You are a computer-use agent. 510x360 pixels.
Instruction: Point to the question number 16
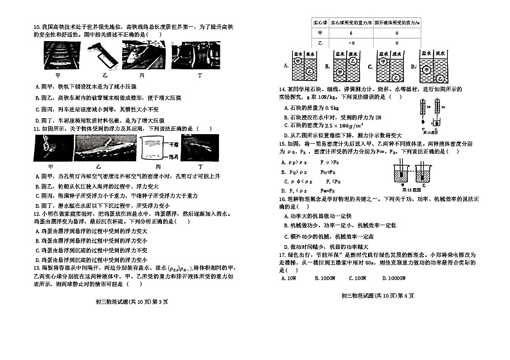click(x=282, y=199)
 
